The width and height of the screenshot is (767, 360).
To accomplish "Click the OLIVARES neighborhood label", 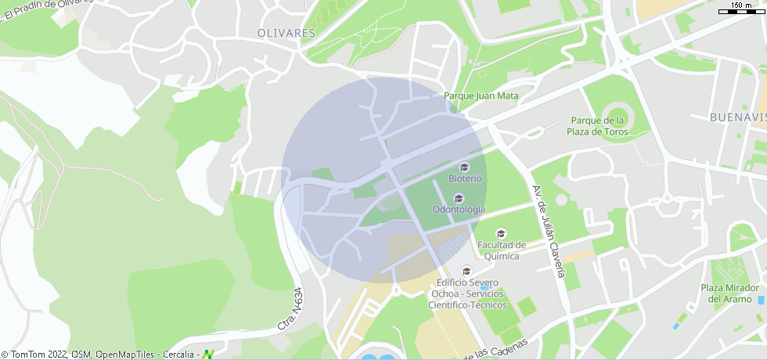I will click(286, 33).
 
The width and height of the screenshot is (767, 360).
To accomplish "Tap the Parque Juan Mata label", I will click(481, 95).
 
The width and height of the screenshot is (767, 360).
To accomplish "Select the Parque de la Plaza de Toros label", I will click(598, 126).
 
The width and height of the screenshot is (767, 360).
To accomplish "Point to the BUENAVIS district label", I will click(736, 117).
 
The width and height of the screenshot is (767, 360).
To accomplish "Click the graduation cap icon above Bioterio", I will click(464, 167).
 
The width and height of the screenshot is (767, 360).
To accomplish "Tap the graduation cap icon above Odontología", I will click(459, 198).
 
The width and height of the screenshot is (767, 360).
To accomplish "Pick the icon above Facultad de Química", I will click(501, 233).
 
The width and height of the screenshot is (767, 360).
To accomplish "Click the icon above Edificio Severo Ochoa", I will click(467, 271).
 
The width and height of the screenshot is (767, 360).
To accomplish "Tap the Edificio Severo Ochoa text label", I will click(468, 293).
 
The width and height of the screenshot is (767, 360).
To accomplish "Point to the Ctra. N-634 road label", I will click(290, 310).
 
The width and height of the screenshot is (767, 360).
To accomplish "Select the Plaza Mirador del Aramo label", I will click(730, 293).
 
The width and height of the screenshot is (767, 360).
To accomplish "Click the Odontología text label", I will click(459, 210).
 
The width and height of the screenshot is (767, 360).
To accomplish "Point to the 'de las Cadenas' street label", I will click(495, 349).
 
